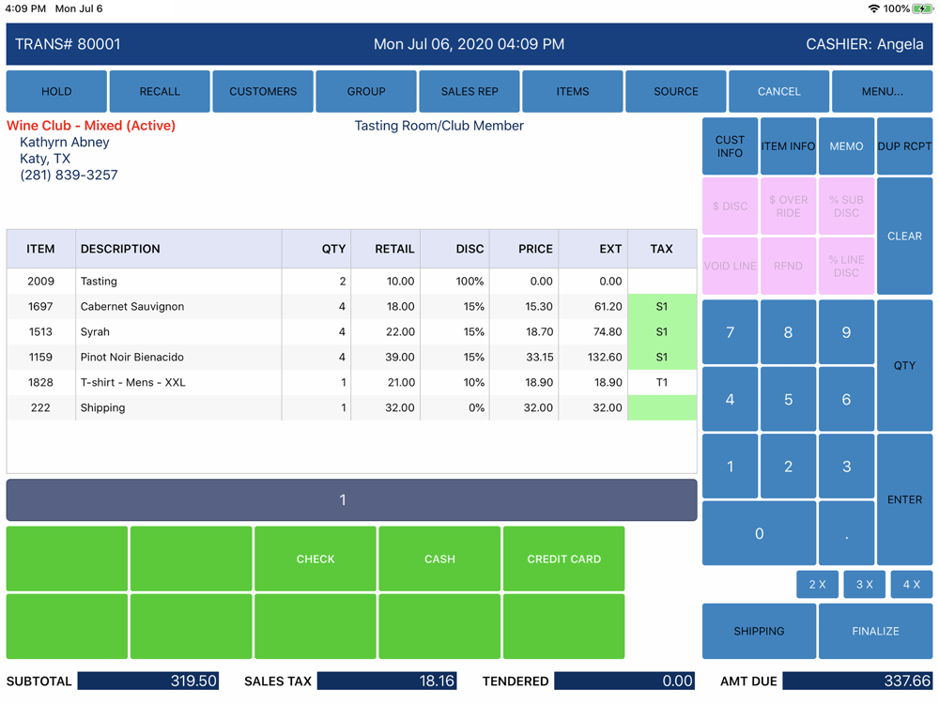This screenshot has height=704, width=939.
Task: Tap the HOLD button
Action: point(56,91)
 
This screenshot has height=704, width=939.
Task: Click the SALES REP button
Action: point(469,91)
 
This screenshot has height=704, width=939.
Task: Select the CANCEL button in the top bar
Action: point(778,91)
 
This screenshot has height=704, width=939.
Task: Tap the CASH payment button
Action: point(439,559)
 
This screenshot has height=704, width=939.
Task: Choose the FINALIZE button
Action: point(875,632)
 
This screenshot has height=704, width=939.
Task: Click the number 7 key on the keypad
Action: point(731,332)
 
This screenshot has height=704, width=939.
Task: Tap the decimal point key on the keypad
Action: point(846,534)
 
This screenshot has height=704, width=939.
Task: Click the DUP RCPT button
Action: point(904,146)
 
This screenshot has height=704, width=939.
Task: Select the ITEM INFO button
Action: point(788,146)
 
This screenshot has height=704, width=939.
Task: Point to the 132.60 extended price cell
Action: point(603,358)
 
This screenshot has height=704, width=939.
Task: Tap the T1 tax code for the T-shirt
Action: point(662,383)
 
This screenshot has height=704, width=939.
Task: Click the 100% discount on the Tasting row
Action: point(469,282)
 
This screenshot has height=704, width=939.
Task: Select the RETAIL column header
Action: point(394,250)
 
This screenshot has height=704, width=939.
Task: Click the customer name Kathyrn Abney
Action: point(65,143)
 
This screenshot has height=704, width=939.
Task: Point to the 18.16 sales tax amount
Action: point(438,681)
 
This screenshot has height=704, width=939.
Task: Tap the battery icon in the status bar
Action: point(922,8)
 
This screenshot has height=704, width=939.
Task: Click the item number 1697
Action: point(40,307)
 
